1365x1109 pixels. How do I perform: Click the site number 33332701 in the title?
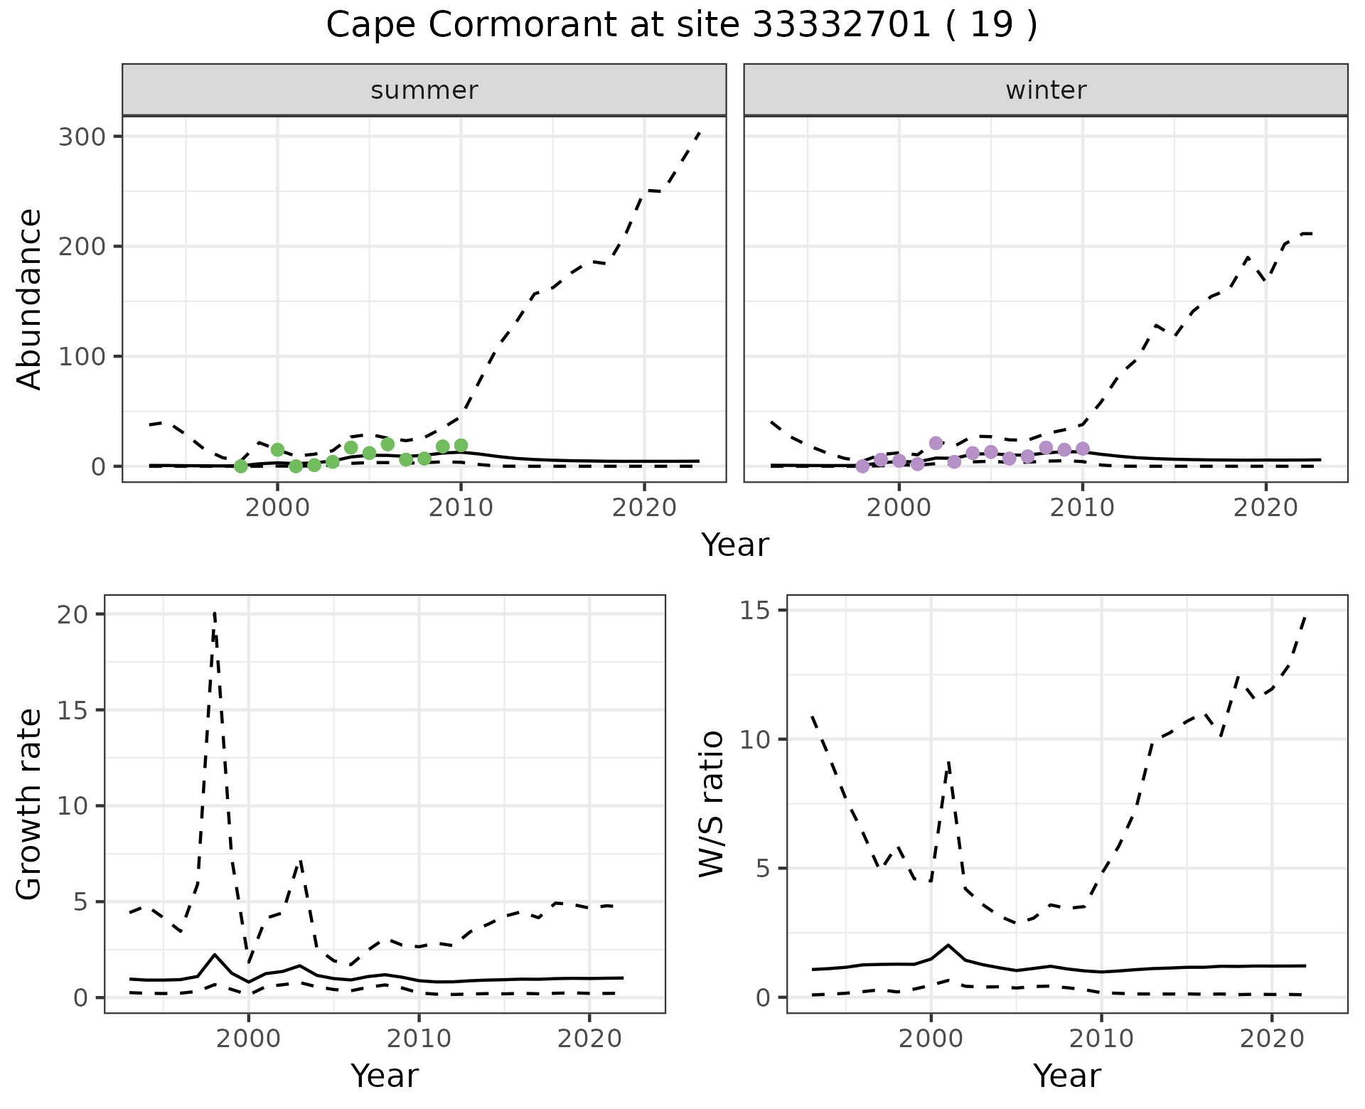coord(841,26)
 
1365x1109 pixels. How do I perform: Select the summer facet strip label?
coord(424,90)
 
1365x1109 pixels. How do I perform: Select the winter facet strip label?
coord(1046,90)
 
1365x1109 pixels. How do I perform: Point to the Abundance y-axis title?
coord(30,299)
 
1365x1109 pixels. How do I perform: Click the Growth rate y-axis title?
coord(30,804)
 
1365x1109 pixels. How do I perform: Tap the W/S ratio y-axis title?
coord(712,804)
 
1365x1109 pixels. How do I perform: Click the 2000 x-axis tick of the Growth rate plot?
coord(248,1039)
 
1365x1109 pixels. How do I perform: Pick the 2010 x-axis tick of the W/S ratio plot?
coord(1101,1039)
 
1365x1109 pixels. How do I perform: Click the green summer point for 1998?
coord(241,466)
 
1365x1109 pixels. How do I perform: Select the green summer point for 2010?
coord(461,446)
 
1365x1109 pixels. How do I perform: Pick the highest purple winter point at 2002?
coord(936,443)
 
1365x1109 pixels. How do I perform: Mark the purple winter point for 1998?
coord(863,466)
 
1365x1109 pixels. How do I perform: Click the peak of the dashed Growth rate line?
coord(214,613)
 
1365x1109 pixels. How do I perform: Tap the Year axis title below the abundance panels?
coord(735,545)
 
